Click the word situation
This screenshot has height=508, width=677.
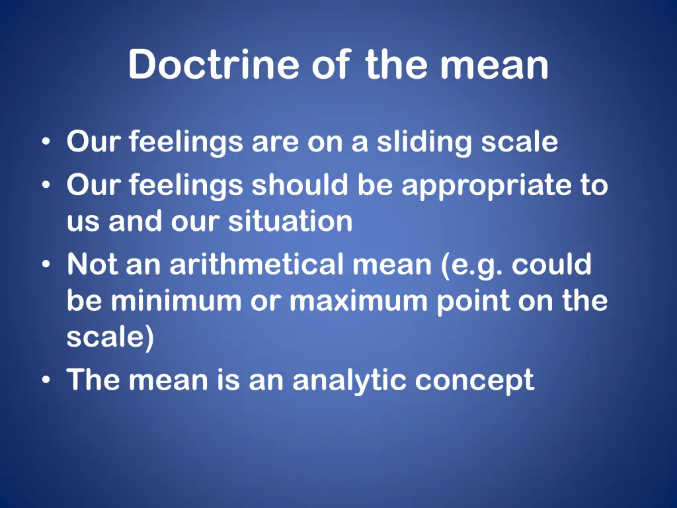tap(290, 222)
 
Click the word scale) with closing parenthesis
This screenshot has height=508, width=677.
tap(110, 337)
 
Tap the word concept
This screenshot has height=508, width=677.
tap(475, 380)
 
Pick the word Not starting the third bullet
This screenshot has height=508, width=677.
tap(92, 265)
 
